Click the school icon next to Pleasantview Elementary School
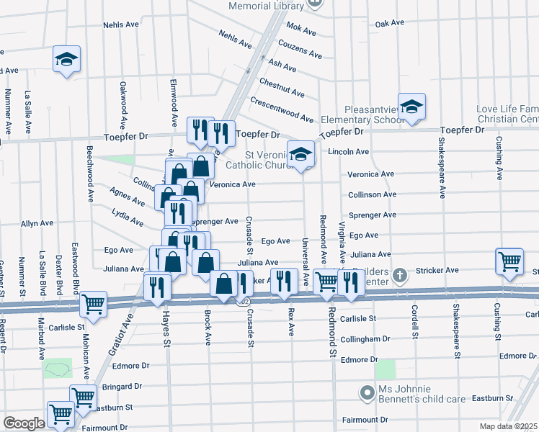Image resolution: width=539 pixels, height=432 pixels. pos(411,107)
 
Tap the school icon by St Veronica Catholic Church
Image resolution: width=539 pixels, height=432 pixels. pos(300,154)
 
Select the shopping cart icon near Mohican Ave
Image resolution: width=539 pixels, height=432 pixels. pos(93,305)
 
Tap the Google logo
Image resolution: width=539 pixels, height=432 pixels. pos(24,423)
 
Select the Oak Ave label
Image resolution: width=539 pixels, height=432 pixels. pos(389,24)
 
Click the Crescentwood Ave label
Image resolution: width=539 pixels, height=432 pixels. pos(282,109)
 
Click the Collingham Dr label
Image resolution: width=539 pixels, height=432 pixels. pos(365,338)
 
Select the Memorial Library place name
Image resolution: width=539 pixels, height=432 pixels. pos(267,6)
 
